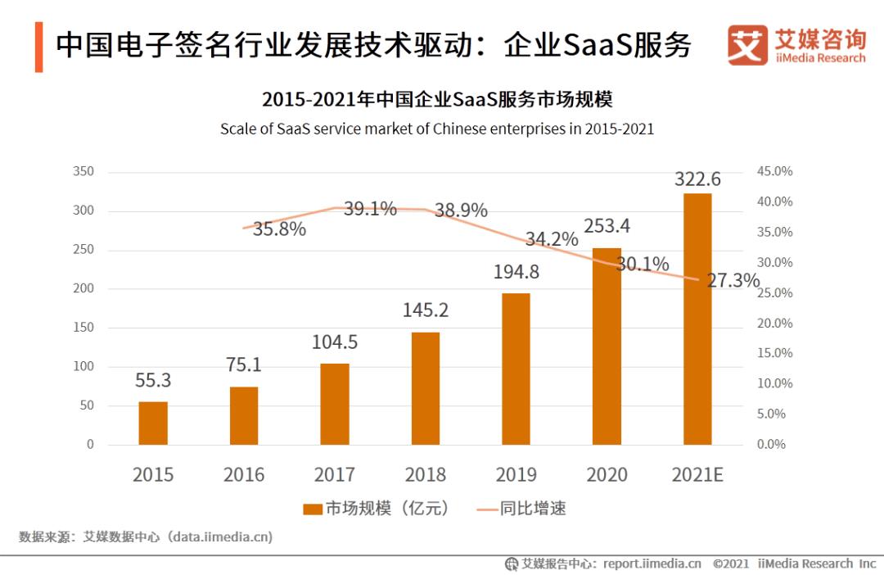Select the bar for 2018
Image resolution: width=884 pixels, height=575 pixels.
coord(426,388)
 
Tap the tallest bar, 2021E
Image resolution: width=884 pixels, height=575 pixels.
coord(697,319)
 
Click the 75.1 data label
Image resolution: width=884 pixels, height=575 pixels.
coord(243,364)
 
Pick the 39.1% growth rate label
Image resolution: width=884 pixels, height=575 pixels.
coord(370,209)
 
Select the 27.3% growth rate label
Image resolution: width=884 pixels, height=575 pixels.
coord(733,281)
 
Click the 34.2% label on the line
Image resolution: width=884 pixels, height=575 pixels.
coord(552,239)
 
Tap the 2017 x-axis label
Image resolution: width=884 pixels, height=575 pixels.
coord(335,474)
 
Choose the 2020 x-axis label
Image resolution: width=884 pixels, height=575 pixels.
coord(607,474)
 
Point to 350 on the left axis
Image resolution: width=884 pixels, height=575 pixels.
coord(83,171)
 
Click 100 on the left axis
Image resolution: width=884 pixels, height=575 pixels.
coord(83,366)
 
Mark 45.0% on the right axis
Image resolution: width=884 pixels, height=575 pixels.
coord(770,171)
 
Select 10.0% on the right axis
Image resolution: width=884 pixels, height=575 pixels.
coord(770,383)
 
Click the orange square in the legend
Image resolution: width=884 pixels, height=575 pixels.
coord(312,509)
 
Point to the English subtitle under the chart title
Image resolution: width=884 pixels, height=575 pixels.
coord(437,129)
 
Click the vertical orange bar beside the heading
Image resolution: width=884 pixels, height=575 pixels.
coord(39,47)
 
